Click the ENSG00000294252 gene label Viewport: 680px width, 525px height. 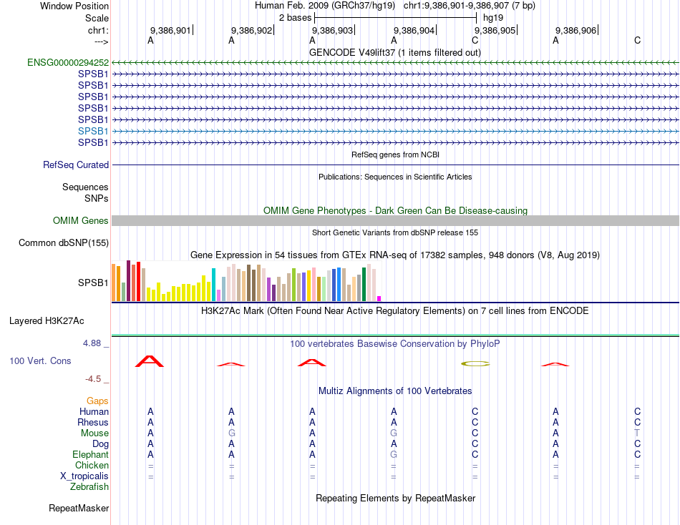click(68, 62)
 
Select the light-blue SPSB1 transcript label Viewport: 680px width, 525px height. click(93, 131)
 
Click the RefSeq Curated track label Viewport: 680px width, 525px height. click(75, 165)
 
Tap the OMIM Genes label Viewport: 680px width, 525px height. click(80, 221)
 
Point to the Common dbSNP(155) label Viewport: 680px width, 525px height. click(63, 242)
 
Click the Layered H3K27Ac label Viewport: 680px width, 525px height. click(47, 321)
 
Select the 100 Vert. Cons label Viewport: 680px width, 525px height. click(40, 360)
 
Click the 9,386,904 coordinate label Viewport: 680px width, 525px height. click(414, 30)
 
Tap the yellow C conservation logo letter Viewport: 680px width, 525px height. click(475, 363)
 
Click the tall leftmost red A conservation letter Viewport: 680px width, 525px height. click(150, 361)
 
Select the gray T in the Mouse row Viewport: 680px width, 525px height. click(637, 433)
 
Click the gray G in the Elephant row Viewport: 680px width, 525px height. click(394, 454)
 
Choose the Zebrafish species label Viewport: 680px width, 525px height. click(89, 487)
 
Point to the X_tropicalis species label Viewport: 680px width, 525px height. click(84, 476)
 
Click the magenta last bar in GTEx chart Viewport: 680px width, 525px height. click(379, 299)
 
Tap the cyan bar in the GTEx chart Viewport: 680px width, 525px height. click(213, 285)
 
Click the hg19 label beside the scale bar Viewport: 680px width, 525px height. click(493, 18)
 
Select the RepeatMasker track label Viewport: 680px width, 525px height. click(79, 508)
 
